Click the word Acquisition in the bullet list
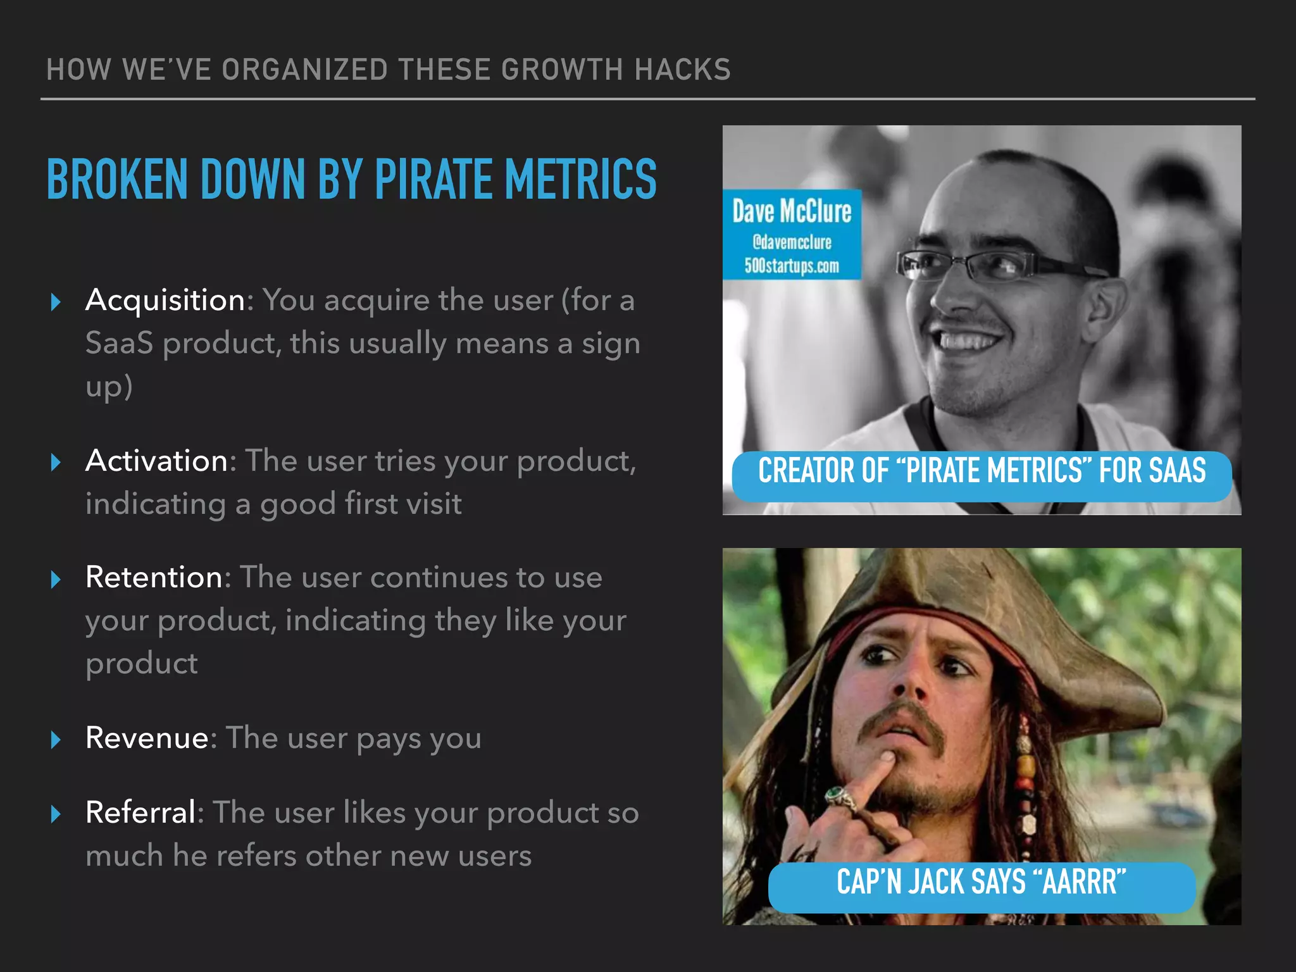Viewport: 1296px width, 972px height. pos(165,300)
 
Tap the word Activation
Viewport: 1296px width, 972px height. pos(156,461)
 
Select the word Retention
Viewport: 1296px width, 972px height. pos(154,577)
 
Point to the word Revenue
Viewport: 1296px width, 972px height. pos(147,738)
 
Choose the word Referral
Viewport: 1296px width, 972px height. pos(140,813)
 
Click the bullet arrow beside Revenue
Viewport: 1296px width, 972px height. pos(56,739)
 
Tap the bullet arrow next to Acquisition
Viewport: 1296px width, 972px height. pos(56,302)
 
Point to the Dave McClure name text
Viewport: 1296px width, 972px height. pos(792,211)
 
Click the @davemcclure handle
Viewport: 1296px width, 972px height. pos(792,242)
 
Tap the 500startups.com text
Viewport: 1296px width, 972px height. pos(792,266)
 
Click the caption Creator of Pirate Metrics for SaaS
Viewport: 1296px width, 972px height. pos(981,471)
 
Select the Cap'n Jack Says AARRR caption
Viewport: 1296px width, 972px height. pos(981,882)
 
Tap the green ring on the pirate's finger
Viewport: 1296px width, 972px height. pos(839,796)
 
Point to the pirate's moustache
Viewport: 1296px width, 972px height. pos(902,718)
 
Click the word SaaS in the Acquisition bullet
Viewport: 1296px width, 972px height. pos(119,344)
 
